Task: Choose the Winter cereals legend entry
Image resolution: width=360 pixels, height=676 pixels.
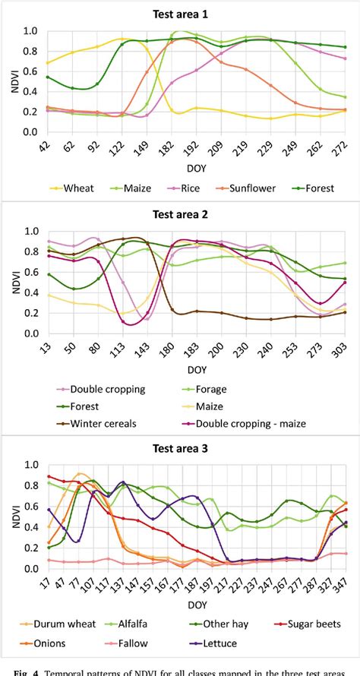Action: tap(104, 424)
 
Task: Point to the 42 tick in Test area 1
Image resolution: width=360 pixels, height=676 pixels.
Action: tap(48, 147)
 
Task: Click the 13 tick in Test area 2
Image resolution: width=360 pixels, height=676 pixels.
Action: tap(48, 349)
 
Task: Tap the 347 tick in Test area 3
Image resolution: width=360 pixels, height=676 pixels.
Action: tap(343, 585)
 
